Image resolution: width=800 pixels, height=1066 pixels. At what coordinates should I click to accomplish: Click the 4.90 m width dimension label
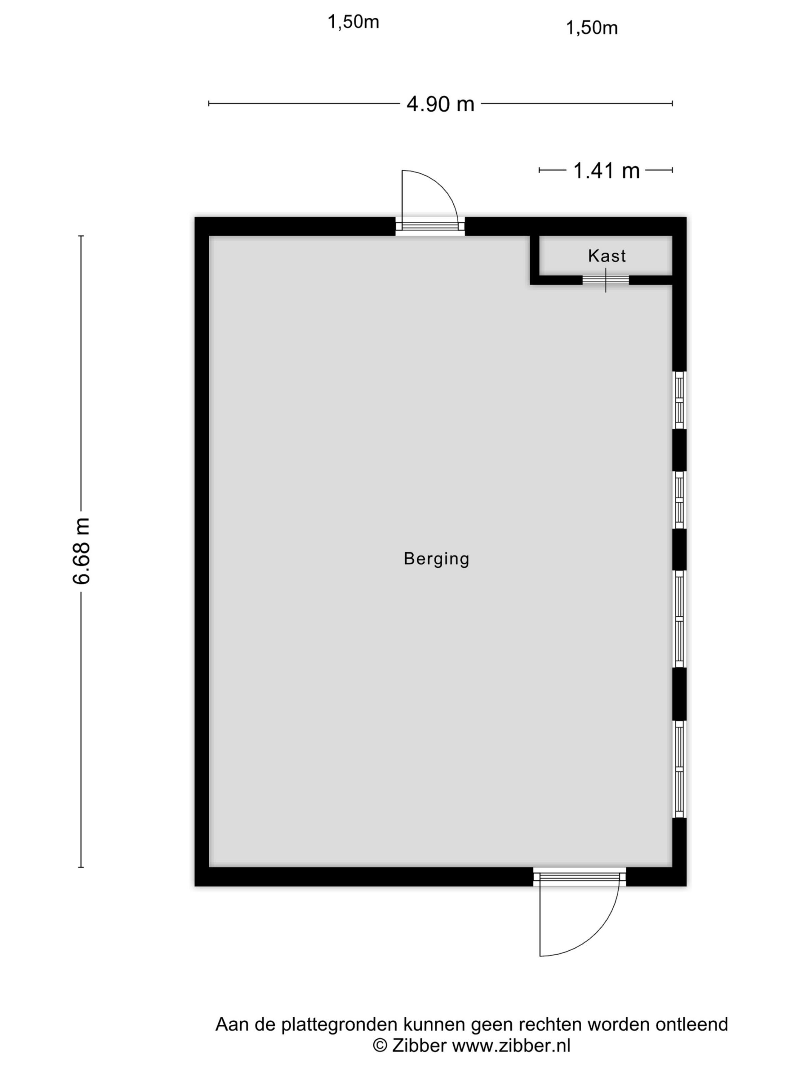[x=440, y=104]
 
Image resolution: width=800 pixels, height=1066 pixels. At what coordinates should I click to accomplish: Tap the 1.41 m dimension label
[x=606, y=171]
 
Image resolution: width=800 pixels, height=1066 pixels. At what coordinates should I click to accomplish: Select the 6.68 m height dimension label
[x=81, y=551]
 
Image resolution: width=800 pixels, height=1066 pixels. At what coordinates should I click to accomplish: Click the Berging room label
[x=436, y=559]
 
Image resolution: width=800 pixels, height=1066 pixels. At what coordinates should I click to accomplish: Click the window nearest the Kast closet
[x=679, y=400]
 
